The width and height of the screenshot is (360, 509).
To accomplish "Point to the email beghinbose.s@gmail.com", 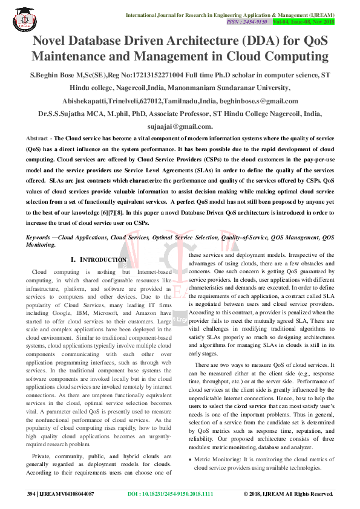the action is click(266, 101).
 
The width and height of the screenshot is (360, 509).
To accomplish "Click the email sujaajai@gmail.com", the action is click(180, 126).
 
